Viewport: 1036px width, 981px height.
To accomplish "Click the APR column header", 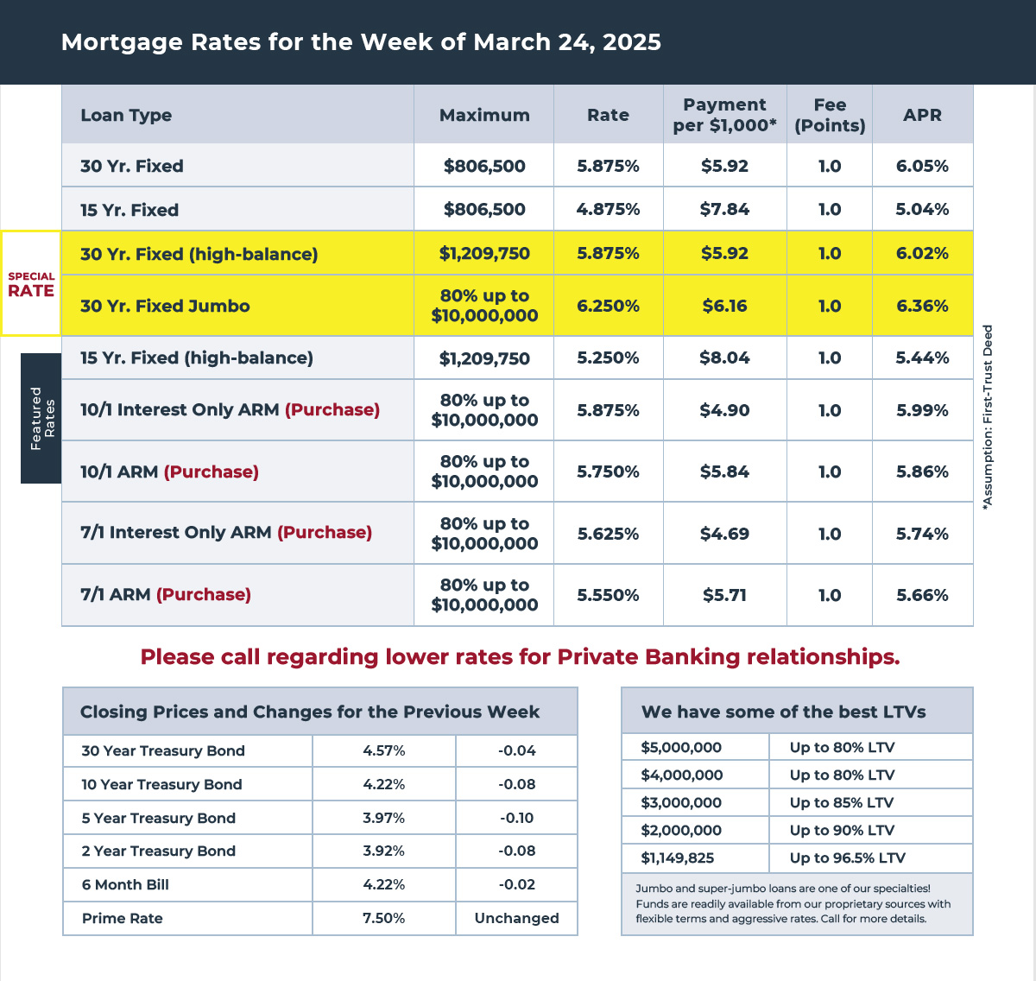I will coord(922,115).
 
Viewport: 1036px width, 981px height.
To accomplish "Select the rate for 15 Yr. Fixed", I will coord(608,210).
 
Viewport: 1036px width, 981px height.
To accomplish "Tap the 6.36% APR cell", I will coord(922,306).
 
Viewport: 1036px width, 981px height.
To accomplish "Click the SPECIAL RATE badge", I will coord(31,284).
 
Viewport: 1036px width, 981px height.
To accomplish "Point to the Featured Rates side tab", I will coord(41,418).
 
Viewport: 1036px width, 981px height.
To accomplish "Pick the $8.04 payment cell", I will coord(724,358).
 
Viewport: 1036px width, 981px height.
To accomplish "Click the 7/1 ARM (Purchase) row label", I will coord(166,594).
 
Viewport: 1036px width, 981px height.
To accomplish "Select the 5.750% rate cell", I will coord(608,472).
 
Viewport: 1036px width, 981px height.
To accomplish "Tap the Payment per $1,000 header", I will coord(724,115).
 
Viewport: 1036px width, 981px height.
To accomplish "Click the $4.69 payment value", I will coord(724,534).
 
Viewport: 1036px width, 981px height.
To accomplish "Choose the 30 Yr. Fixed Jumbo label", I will coord(165,306).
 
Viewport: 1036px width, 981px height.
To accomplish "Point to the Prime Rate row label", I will coord(123,918).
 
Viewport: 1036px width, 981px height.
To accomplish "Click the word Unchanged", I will coord(516,918).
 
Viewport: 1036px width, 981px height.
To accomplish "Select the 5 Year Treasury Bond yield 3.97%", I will coord(384,818).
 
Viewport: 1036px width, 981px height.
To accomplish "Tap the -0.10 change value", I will coord(516,818).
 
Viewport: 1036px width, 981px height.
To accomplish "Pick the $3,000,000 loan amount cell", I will coord(681,802).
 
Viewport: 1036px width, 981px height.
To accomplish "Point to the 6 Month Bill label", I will coord(125,884).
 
